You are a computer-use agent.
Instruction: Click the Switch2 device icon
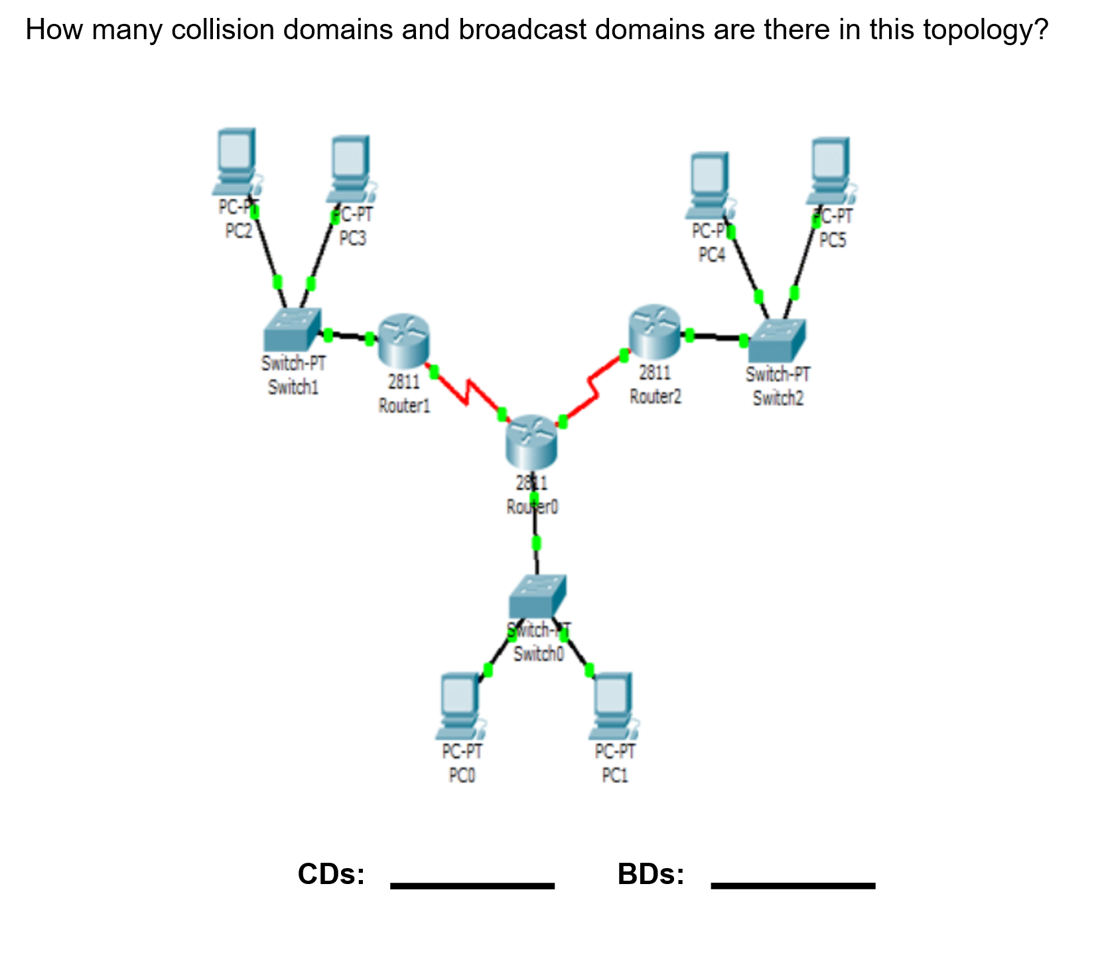pos(776,340)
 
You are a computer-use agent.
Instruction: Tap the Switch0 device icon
pos(537,595)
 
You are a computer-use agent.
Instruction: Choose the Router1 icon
pos(403,340)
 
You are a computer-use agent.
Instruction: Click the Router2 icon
pos(654,331)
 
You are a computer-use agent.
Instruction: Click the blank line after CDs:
pos(472,884)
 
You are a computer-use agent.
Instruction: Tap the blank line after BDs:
pos(793,884)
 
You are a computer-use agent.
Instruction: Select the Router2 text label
pos(655,397)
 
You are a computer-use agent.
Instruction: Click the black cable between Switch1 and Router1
pos(349,336)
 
